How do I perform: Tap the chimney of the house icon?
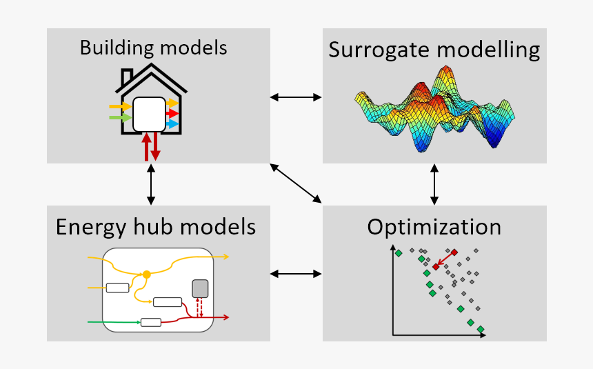[127, 77]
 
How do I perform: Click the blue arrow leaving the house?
[172, 124]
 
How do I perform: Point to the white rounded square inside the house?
[149, 114]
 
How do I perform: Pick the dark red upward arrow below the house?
[145, 147]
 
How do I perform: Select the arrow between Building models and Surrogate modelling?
[296, 97]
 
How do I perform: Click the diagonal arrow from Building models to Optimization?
[296, 183]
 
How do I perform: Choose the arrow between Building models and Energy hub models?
[151, 184]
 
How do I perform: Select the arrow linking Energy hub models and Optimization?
[296, 274]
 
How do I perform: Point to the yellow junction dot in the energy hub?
[146, 275]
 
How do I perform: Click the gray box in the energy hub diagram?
[199, 288]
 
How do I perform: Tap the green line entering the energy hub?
[114, 321]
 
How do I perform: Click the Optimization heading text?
[434, 227]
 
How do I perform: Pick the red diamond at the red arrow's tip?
[436, 266]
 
